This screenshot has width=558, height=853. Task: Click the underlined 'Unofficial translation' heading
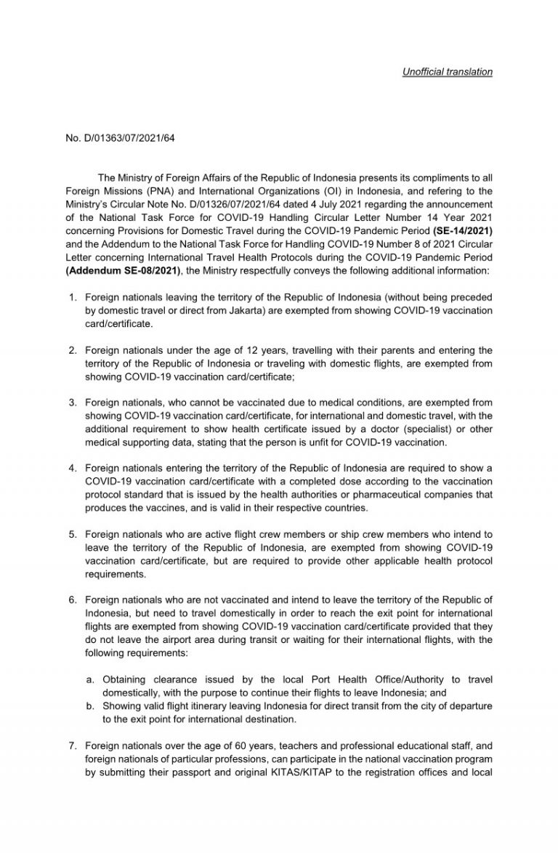coord(448,72)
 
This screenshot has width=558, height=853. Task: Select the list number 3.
coord(73,401)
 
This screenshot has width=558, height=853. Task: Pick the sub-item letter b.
coord(89,706)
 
